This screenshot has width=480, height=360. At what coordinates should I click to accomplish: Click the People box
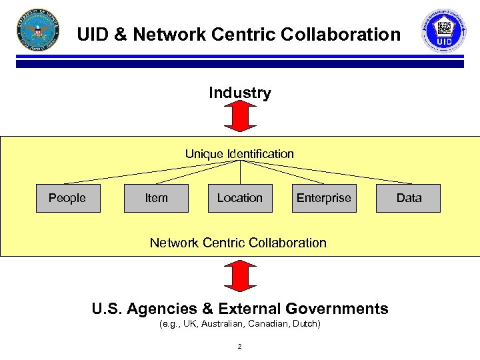(x=67, y=198)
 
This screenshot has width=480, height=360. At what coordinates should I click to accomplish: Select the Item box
(x=156, y=198)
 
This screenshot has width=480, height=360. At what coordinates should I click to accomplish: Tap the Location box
(x=240, y=198)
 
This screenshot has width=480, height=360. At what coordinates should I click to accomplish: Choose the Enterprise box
(x=323, y=198)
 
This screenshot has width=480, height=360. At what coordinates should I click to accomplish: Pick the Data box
(x=409, y=198)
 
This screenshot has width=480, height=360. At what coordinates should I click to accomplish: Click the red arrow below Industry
(x=240, y=117)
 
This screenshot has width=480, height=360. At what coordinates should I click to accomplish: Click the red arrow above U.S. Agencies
(x=240, y=275)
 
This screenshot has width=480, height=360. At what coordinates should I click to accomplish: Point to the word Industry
(x=240, y=93)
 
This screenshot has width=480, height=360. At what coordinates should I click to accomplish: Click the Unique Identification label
(x=239, y=154)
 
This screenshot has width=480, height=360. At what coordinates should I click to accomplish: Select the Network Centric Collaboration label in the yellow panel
(x=238, y=243)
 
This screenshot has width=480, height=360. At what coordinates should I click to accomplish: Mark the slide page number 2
(x=239, y=347)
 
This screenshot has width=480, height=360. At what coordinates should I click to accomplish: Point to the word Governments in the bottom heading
(x=337, y=309)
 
